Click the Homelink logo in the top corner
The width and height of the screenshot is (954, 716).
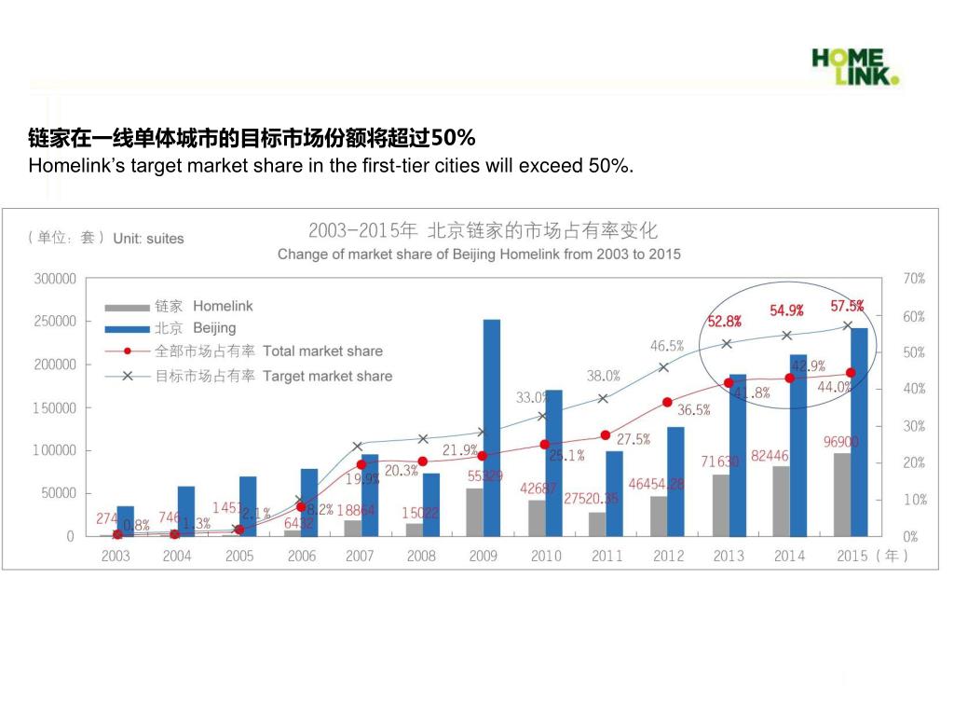(856, 66)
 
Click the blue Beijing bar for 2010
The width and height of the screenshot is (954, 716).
(553, 462)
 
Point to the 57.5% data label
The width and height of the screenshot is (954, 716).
(847, 306)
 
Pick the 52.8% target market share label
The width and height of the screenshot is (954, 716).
(724, 322)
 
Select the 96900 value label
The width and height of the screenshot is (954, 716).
(841, 442)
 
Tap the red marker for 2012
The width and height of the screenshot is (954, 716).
(667, 403)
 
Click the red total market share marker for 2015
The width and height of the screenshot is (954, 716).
(851, 373)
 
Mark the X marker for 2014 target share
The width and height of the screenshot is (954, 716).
(787, 336)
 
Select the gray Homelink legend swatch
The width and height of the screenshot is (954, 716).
(127, 307)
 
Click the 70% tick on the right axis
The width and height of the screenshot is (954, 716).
(914, 279)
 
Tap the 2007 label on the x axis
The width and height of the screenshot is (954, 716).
(360, 557)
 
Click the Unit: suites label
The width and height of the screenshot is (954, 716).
(148, 239)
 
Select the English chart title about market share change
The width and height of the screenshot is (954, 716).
(479, 254)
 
